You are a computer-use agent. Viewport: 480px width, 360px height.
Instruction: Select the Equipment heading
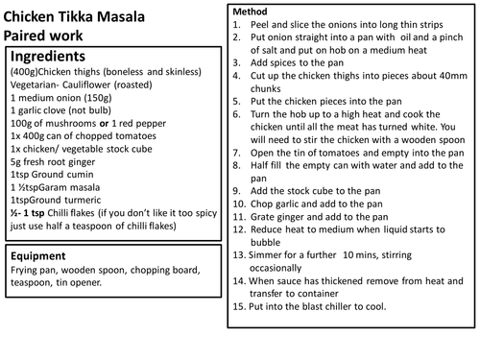point(50,258)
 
